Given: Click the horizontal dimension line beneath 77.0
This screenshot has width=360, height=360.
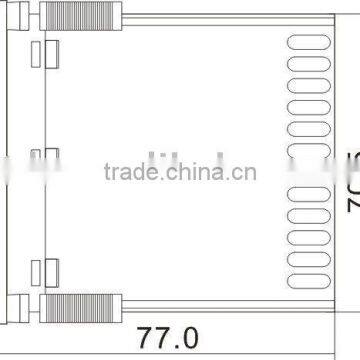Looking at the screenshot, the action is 180,347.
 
